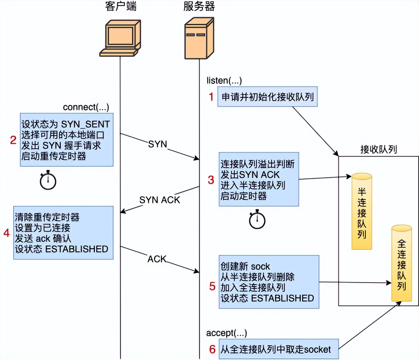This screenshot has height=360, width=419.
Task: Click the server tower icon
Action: click(199, 39)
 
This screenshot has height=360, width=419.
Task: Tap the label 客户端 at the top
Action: click(121, 6)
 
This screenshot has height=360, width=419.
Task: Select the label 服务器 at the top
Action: click(199, 6)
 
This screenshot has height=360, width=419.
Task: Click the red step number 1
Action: click(211, 97)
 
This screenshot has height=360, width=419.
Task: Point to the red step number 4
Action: click(6, 233)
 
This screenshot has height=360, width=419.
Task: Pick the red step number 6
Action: click(212, 349)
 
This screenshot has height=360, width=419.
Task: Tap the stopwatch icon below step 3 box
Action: click(257, 220)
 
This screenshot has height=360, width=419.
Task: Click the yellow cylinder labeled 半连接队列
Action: click(362, 211)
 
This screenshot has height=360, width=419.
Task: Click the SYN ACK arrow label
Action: click(160, 200)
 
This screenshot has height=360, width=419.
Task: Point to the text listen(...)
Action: click(224, 80)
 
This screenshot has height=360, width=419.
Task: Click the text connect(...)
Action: click(86, 107)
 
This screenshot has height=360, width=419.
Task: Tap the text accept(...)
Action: click(226, 333)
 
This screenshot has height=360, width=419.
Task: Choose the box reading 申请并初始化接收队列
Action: click(267, 97)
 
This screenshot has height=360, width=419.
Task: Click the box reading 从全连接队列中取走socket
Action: click(279, 349)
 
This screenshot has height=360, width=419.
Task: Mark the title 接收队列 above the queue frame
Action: click(378, 149)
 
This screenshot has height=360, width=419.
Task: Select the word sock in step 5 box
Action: click(261, 266)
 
